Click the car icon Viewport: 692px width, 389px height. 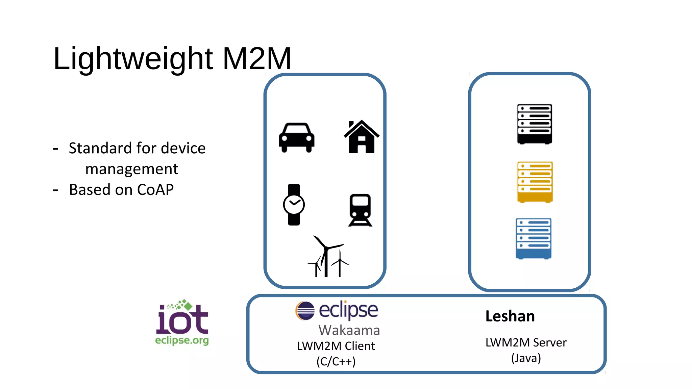tap(296, 137)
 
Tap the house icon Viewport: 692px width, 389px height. tap(362, 137)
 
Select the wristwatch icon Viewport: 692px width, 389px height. tap(294, 205)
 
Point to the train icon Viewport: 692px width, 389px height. tap(360, 210)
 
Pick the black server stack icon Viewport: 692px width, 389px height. tap(535, 124)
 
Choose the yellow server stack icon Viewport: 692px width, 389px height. tap(535, 182)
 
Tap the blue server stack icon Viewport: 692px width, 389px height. tap(534, 239)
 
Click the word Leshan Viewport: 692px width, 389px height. tap(510, 316)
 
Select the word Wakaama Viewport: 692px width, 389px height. tap(349, 330)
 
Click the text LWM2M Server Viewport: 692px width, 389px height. tap(526, 343)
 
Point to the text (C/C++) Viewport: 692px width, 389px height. tap(336, 362)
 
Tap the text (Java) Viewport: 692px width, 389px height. tap(526, 358)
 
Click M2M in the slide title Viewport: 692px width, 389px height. tap(257, 59)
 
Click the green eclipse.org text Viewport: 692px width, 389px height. tap(182, 340)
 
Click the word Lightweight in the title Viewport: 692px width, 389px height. tap(133, 59)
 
